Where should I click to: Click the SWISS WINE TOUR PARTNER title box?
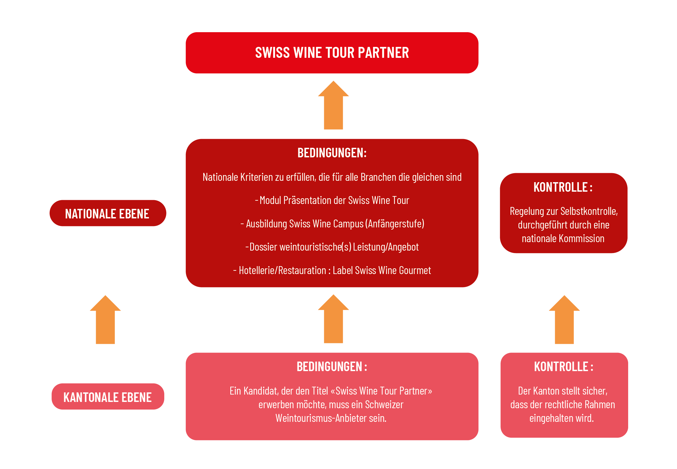[332, 53]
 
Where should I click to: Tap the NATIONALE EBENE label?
[107, 214]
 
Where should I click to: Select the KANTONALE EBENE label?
[107, 397]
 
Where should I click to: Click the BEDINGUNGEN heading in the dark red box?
[332, 153]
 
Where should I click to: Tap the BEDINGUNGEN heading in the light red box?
[332, 367]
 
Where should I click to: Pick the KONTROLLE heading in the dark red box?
[563, 187]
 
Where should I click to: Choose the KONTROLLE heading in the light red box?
[563, 367]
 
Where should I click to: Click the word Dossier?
[263, 247]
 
